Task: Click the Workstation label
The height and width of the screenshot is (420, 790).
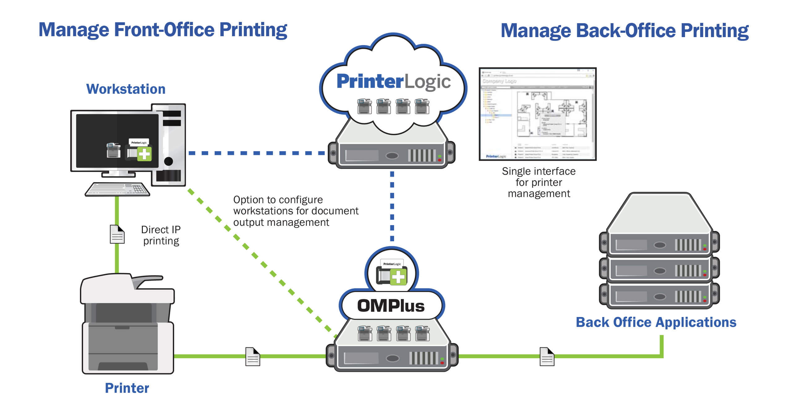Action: click(x=125, y=89)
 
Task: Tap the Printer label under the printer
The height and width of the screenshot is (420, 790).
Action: click(x=127, y=388)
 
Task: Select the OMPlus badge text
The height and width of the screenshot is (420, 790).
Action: click(x=391, y=306)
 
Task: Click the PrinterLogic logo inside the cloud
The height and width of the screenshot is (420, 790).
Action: click(x=393, y=82)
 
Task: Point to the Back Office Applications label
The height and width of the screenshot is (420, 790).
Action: click(x=656, y=322)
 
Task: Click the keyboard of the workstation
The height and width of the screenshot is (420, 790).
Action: click(x=117, y=189)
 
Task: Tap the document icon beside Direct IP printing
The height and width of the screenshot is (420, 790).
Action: click(x=117, y=234)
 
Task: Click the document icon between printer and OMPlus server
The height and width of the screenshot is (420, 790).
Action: click(x=252, y=357)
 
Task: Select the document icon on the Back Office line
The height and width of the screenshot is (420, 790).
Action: click(x=547, y=357)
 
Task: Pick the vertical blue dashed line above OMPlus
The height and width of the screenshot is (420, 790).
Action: click(x=392, y=206)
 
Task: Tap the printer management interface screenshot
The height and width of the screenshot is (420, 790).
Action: click(x=538, y=114)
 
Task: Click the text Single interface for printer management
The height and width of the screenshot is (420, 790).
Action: click(x=538, y=182)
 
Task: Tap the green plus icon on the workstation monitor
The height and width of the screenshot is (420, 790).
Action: click(x=144, y=154)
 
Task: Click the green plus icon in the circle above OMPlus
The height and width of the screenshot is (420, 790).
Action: click(x=398, y=276)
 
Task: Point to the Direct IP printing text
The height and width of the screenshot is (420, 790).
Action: click(x=161, y=235)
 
